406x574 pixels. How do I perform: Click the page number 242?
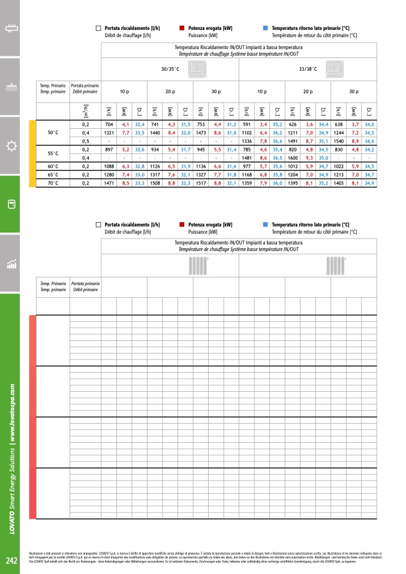pyautogui.click(x=11, y=561)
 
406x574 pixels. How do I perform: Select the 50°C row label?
pyautogui.click(x=53, y=132)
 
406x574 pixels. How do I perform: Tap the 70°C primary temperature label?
pyautogui.click(x=53, y=183)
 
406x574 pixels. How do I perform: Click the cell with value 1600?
pyautogui.click(x=293, y=158)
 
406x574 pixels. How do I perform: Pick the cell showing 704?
pyautogui.click(x=109, y=124)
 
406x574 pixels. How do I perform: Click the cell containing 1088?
pyautogui.click(x=109, y=166)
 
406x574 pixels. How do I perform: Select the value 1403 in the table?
pyautogui.click(x=339, y=183)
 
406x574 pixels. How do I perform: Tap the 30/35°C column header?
pyautogui.click(x=170, y=70)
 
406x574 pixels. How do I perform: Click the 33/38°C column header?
pyautogui.click(x=308, y=70)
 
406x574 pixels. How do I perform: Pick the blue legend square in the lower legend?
pyautogui.click(x=265, y=225)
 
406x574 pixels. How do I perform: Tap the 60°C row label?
pyautogui.click(x=53, y=166)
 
